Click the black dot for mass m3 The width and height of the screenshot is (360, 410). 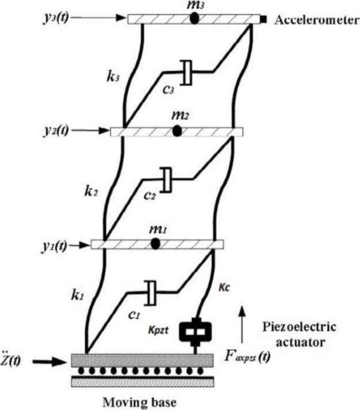pyautogui.click(x=194, y=18)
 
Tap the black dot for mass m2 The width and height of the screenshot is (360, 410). pyautogui.click(x=177, y=131)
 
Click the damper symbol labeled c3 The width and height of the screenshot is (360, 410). pyautogui.click(x=186, y=72)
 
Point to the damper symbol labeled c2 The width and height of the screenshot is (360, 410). pyautogui.click(x=167, y=179)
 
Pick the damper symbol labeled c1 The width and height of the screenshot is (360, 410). pyautogui.click(x=150, y=292)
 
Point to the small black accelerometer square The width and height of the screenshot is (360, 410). pyautogui.click(x=263, y=20)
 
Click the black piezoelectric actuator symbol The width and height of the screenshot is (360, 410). pyautogui.click(x=196, y=330)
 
